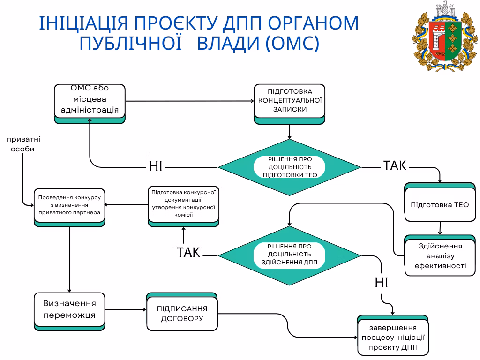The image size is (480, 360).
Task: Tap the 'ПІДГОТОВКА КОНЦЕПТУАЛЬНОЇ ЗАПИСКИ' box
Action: tap(290, 101)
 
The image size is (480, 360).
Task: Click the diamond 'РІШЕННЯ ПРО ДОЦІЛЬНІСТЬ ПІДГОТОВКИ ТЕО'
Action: tap(290, 167)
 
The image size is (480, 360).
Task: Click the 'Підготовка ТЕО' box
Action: tap(440, 204)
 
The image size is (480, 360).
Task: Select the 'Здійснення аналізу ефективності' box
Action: tap(440, 256)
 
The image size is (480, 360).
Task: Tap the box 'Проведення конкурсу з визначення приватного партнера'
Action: tap(69, 206)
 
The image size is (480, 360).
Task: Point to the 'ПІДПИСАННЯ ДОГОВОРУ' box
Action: tap(182, 314)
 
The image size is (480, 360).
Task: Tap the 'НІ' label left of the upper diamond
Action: tap(156, 166)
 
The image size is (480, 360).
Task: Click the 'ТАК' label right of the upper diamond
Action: tap(395, 165)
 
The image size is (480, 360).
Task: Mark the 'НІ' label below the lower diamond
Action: tap(381, 282)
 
